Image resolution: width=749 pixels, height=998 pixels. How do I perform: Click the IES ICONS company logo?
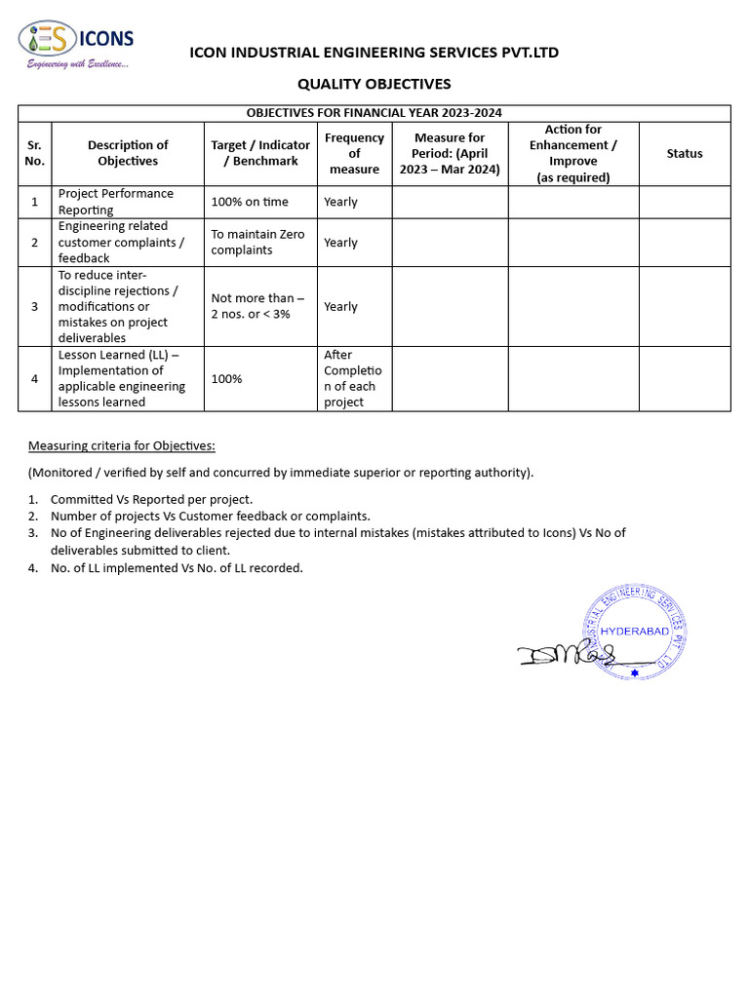(76, 40)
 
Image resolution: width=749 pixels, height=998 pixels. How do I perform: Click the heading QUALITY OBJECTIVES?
(374, 84)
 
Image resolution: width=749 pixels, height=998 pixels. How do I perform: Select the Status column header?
(684, 153)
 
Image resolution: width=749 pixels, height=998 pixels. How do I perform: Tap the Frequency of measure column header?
(354, 153)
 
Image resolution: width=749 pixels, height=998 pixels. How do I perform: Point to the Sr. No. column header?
(34, 153)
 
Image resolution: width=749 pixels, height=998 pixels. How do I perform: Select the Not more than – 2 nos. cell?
(257, 306)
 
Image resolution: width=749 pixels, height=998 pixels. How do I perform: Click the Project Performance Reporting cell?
(116, 202)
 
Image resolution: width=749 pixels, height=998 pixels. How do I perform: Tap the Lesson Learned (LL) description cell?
(121, 378)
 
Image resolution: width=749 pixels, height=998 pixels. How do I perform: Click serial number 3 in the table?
(34, 306)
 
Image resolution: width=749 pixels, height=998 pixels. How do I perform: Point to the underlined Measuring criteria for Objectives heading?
(121, 445)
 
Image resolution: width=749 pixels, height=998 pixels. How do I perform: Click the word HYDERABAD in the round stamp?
(635, 632)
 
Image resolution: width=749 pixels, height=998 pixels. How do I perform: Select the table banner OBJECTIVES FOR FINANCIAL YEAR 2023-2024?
(374, 113)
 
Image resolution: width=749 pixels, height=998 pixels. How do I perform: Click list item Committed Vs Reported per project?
(151, 499)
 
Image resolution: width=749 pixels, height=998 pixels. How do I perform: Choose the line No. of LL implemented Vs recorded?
(177, 568)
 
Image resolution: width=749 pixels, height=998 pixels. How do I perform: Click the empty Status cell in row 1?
(684, 202)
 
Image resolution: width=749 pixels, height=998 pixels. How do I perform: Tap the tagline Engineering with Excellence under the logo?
(77, 64)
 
